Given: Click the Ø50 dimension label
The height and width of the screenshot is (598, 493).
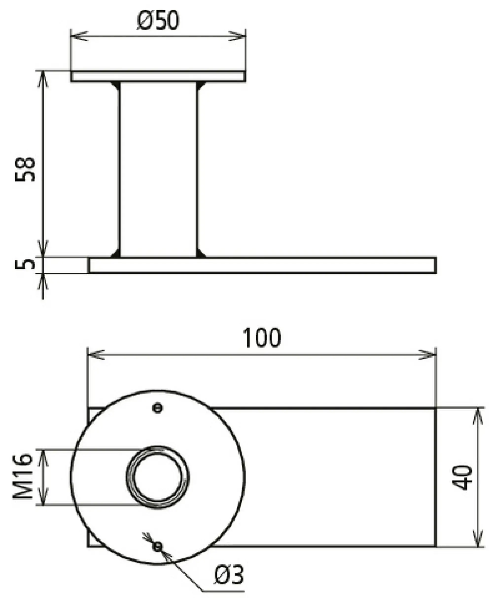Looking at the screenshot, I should [158, 20].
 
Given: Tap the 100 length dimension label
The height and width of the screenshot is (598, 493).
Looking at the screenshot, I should [262, 338].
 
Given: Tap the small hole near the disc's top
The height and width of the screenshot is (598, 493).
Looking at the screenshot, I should [157, 408].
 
